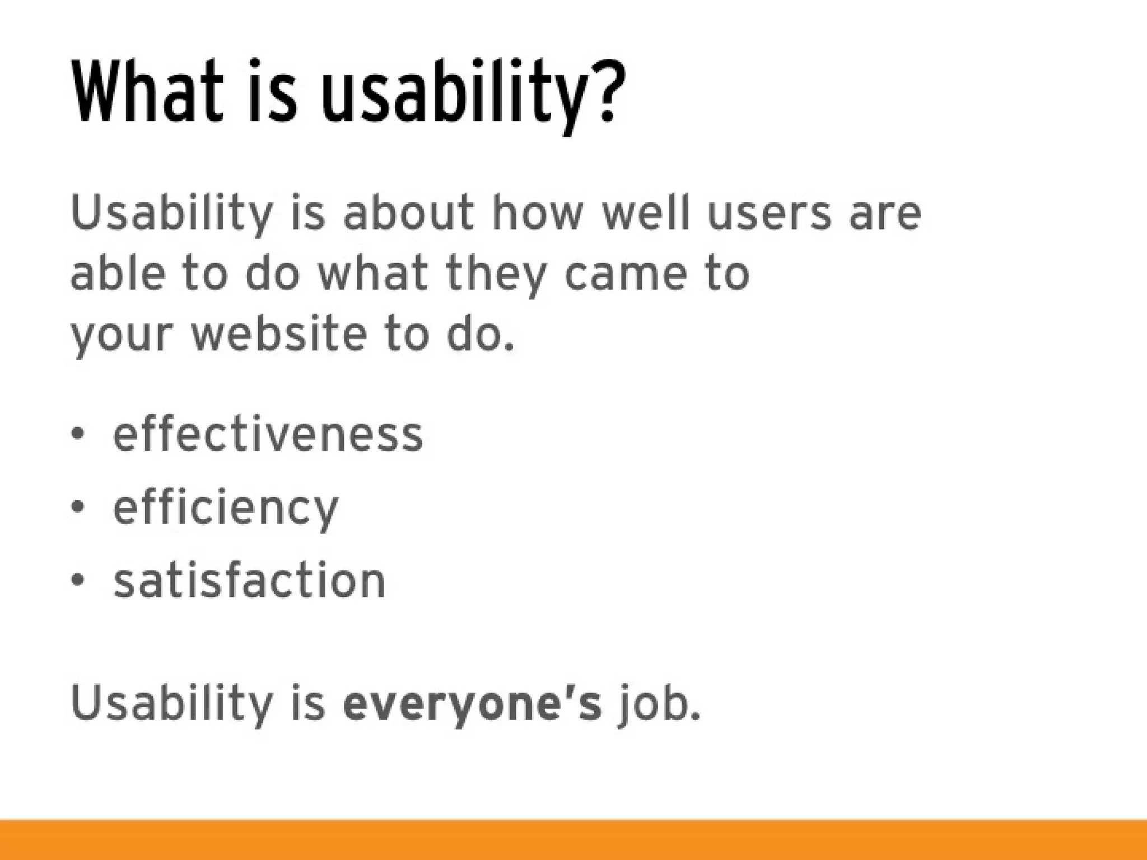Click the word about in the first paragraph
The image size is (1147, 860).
click(x=408, y=214)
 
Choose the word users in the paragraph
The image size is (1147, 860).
click(x=769, y=214)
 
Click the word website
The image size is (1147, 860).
click(x=278, y=334)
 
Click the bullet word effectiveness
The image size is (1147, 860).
click(x=268, y=435)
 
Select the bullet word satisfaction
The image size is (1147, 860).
click(x=249, y=581)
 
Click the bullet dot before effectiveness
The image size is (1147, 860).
click(x=78, y=434)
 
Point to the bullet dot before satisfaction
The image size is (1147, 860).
click(x=78, y=580)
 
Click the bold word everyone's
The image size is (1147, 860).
click(x=472, y=704)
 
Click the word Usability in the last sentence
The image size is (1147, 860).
click(x=171, y=704)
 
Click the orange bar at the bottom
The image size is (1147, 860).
click(x=573, y=840)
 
